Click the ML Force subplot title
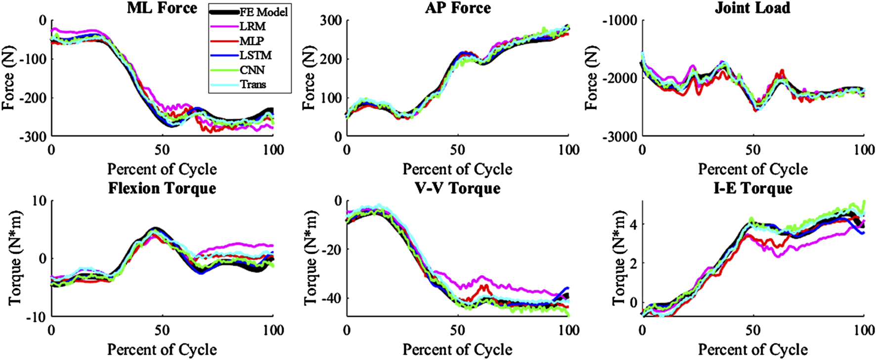[x=162, y=8]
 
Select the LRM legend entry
[x=252, y=27]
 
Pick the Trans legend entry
[x=253, y=85]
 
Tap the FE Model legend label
[x=263, y=12]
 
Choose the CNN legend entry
[x=252, y=70]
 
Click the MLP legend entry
[x=252, y=41]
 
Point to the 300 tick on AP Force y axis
[x=330, y=20]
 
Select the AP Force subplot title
[x=458, y=8]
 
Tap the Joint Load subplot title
[x=752, y=8]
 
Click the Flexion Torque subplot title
[x=162, y=188]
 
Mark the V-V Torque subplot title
[x=458, y=188]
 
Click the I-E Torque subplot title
[x=752, y=188]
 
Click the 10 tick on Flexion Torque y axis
[x=40, y=201]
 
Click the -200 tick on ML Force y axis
[x=33, y=98]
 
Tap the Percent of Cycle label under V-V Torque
[x=457, y=350]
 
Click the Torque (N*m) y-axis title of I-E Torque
[x=619, y=258]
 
